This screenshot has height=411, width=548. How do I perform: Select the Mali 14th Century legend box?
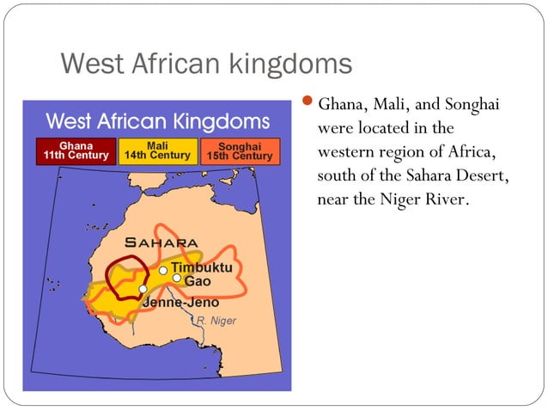(x=157, y=150)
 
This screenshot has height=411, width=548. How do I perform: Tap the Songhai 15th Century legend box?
(x=240, y=150)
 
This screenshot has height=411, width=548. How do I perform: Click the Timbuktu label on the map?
(x=201, y=267)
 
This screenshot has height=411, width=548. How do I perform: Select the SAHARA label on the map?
(x=161, y=242)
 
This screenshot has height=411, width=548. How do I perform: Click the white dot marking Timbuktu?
(x=163, y=270)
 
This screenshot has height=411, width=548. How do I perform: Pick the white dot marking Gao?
(x=176, y=279)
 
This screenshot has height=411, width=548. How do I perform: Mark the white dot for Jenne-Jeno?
(x=143, y=289)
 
